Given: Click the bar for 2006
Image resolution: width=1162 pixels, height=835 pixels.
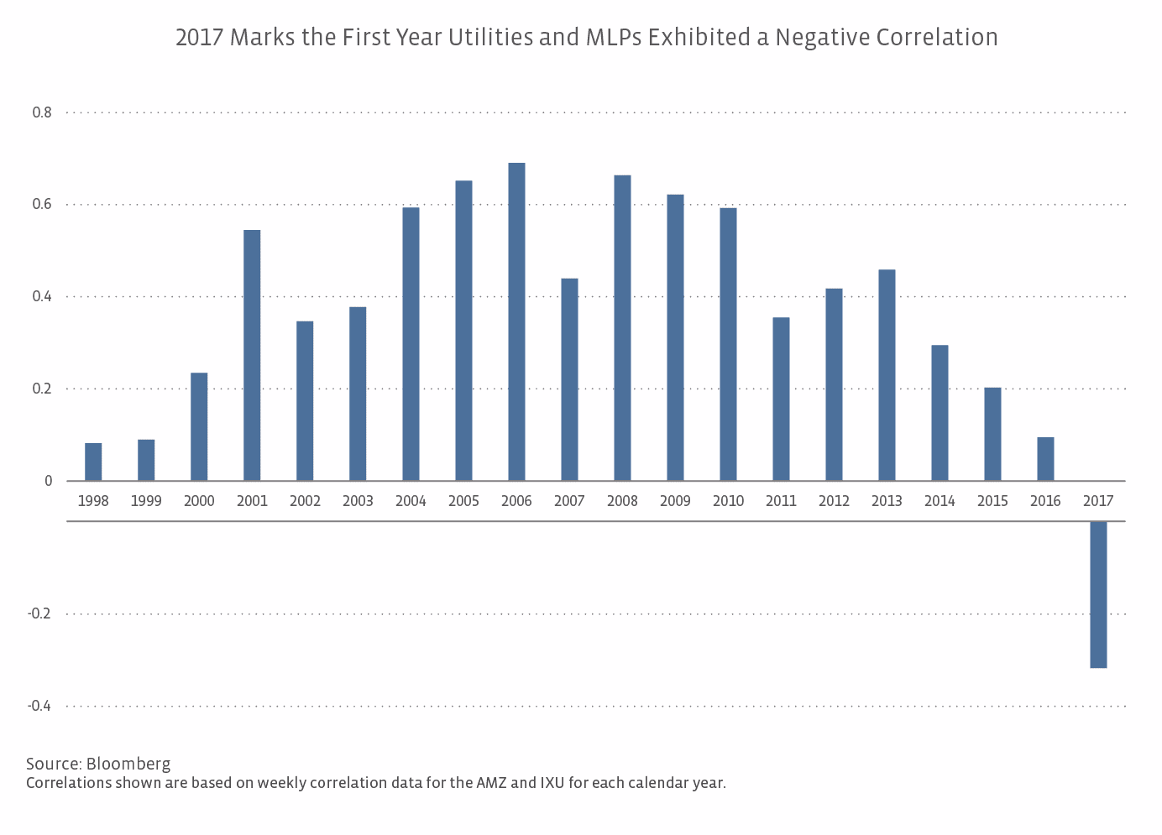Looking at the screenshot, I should (x=516, y=322).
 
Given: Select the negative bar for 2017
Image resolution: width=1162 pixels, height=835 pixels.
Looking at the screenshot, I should (x=1098, y=594).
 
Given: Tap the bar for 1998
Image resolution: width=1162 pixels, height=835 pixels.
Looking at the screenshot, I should (x=93, y=462).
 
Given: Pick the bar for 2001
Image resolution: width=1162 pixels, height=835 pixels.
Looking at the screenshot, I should (x=252, y=355).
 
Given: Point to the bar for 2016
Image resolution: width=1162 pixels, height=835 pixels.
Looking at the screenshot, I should (x=1045, y=459).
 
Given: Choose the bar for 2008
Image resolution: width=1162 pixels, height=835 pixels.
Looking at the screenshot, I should (x=622, y=328).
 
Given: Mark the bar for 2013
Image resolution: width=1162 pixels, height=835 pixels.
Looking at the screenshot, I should (x=887, y=375).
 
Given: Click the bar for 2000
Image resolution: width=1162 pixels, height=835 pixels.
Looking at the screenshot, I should (x=199, y=426).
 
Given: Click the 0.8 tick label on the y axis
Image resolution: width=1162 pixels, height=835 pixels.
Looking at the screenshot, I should (x=42, y=112).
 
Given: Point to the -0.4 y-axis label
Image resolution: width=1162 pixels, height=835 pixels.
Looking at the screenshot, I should (x=39, y=706).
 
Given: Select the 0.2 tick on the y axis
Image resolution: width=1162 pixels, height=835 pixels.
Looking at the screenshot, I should (x=42, y=389).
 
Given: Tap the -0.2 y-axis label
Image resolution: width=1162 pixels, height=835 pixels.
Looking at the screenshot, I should (x=39, y=613).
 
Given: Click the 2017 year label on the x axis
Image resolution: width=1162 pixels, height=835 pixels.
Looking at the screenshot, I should (x=1098, y=501).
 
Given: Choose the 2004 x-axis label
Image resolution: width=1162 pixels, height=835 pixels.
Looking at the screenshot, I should (x=411, y=501).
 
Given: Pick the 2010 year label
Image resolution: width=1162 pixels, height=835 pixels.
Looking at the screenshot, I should (x=728, y=501).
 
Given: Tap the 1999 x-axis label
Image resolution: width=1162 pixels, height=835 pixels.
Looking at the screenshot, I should (x=146, y=501).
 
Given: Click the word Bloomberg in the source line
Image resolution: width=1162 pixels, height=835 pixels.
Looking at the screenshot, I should (x=128, y=764).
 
